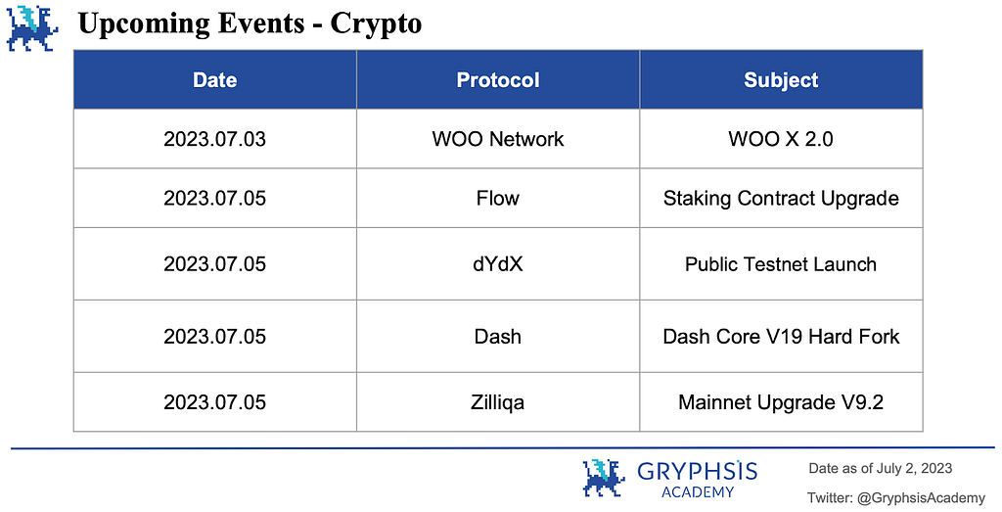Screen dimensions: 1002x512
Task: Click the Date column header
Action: pos(214,80)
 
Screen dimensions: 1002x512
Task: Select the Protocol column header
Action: pos(498,80)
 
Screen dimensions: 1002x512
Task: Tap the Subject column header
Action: pos(781,80)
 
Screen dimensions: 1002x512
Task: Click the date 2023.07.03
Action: pos(214,139)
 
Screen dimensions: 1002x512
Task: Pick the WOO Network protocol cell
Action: pos(498,139)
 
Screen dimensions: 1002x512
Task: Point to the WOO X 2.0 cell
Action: pos(781,139)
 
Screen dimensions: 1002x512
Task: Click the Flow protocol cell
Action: pos(498,198)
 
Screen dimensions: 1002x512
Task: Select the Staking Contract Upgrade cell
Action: pos(781,199)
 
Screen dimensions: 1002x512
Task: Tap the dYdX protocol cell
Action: pos(498,264)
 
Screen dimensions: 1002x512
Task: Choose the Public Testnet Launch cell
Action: pos(781,264)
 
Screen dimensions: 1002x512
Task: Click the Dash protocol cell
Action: pos(498,336)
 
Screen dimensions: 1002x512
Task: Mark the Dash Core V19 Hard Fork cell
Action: pos(781,336)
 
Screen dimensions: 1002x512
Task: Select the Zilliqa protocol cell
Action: pos(498,402)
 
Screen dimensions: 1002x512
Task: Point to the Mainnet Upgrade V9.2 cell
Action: pos(781,402)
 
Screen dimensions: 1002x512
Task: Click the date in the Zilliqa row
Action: pos(214,402)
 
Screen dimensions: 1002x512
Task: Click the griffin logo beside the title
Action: pos(32,28)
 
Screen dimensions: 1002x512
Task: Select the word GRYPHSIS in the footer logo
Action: pos(697,472)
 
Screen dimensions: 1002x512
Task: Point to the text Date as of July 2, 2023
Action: pos(881,469)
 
